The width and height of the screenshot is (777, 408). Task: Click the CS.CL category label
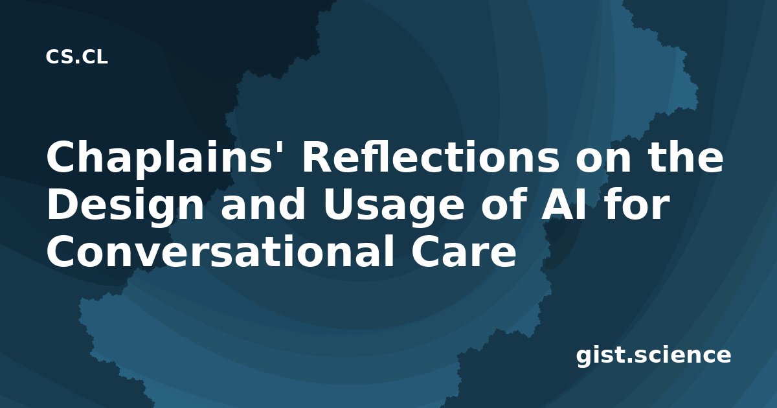[76, 57]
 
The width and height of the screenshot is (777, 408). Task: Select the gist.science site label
[653, 356]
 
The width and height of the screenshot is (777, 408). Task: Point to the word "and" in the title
[263, 203]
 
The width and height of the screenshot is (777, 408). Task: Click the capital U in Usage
[338, 205]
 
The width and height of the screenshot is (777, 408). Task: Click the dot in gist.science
[630, 360]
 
